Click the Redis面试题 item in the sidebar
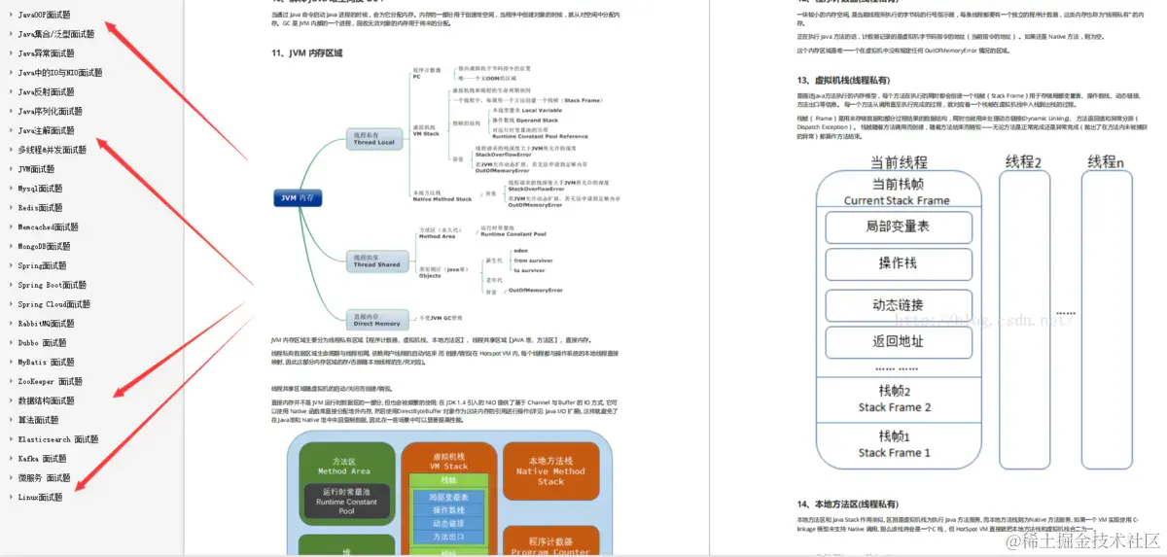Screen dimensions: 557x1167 40,207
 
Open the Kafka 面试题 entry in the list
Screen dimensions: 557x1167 42,458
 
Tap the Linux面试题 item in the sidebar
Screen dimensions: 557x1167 40,497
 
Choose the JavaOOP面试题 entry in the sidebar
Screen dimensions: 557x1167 44,15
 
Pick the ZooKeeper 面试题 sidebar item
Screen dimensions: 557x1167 51,381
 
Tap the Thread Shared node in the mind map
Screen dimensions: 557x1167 376,261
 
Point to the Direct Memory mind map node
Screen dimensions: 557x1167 376,319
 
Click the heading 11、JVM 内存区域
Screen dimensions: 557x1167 307,52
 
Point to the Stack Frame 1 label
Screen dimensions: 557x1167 894,452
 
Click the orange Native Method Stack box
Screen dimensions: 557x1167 550,470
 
